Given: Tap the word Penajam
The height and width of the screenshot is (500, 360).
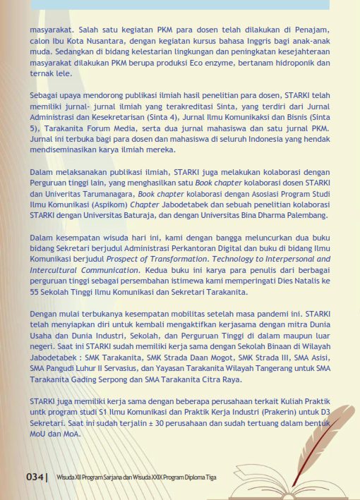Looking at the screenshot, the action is (311, 31).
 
